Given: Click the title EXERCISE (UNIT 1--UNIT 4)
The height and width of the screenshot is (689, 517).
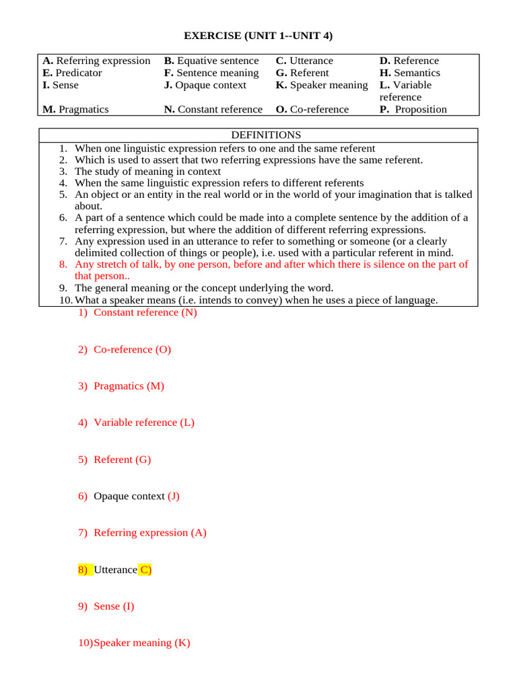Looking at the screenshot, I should (x=258, y=36).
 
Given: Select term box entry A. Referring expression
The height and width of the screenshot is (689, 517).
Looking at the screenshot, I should (x=96, y=61).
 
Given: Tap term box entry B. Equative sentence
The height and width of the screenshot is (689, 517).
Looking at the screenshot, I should (x=211, y=61).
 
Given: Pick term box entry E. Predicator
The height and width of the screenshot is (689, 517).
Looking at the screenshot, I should (x=72, y=73).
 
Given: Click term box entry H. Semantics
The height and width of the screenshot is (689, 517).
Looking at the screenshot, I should (x=409, y=73).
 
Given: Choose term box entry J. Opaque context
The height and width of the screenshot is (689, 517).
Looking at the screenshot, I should (x=205, y=85).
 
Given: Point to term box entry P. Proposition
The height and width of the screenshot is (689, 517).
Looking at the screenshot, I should (x=413, y=109).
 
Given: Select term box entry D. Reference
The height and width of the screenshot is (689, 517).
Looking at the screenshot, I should (x=409, y=61).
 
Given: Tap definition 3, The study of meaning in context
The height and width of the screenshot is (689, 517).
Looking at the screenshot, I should (x=147, y=172).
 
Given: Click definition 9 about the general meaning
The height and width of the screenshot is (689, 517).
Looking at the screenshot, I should (x=204, y=288).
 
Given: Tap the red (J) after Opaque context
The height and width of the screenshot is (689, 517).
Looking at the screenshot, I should (x=174, y=496).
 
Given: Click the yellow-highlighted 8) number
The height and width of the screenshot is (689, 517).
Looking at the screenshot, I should (x=83, y=569).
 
